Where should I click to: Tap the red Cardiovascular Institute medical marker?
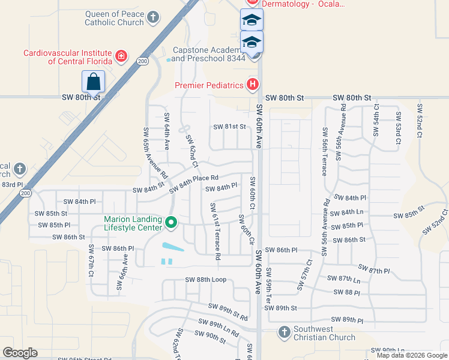tap(121, 56)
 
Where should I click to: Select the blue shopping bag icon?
tap(93, 81)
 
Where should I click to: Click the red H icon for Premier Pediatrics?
tap(253, 85)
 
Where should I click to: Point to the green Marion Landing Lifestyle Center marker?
tap(171, 223)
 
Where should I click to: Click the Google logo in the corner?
tap(20, 353)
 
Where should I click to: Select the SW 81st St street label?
tap(230, 127)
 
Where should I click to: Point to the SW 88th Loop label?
tap(205, 280)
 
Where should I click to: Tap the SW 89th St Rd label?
tap(228, 311)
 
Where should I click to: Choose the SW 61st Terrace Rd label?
tap(214, 231)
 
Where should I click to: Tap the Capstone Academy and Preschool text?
tap(209, 55)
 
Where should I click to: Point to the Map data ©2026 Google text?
tap(412, 355)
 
